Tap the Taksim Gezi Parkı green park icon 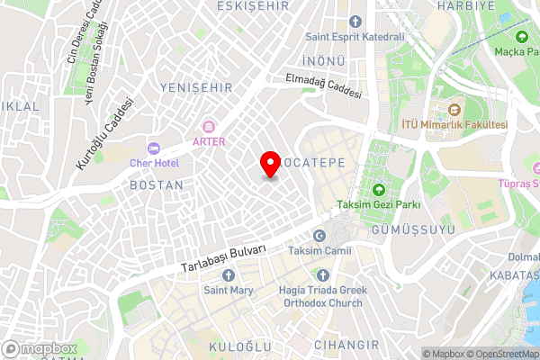click(378, 189)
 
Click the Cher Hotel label click(155, 163)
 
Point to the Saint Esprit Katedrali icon click(355, 21)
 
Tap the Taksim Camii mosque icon click(294, 234)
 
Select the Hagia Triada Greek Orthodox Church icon click(323, 274)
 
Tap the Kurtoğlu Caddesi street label click(98, 137)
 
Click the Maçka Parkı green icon click(522, 38)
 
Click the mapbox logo click(39, 348)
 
